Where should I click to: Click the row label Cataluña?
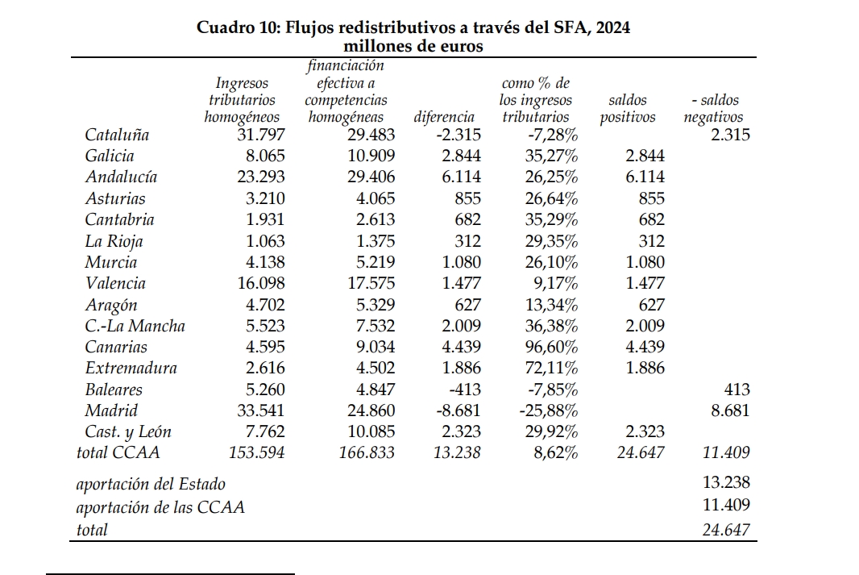(x=117, y=135)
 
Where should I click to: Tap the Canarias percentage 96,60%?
(x=551, y=347)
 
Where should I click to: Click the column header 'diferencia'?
(x=444, y=117)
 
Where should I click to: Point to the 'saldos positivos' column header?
(x=627, y=109)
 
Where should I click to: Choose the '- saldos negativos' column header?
(x=713, y=109)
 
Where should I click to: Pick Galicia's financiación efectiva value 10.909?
(x=371, y=156)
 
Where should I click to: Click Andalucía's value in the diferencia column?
(x=461, y=177)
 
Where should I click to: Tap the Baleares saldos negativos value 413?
(x=737, y=390)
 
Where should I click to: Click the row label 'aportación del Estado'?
(x=151, y=485)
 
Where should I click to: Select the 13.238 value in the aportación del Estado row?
(x=726, y=482)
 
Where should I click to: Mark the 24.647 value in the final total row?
(x=726, y=530)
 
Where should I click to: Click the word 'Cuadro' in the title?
(x=225, y=27)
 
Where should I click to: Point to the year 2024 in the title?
(x=612, y=27)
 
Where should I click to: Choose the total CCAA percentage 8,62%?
(x=555, y=452)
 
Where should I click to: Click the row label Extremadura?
(x=131, y=368)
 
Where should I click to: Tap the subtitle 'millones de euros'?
(x=413, y=46)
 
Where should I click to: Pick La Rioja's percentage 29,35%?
(x=551, y=241)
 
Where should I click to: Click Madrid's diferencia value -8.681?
(x=458, y=410)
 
